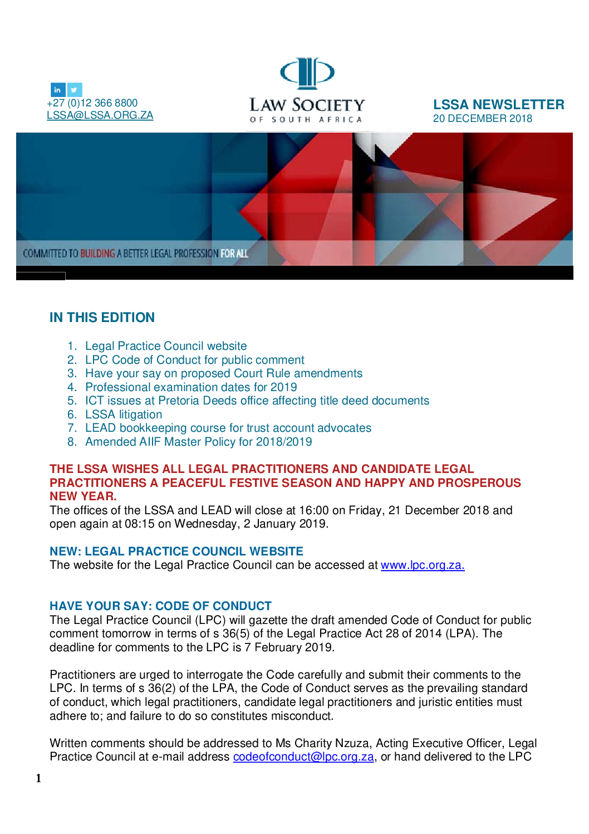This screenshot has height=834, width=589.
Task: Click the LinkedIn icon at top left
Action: [x=58, y=90]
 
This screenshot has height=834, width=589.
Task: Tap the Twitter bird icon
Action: [x=75, y=90]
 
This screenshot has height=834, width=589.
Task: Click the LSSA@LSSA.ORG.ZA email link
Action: [x=100, y=115]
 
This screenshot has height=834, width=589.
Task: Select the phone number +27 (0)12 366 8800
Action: [x=92, y=103]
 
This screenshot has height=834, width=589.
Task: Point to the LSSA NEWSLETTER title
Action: [x=498, y=105]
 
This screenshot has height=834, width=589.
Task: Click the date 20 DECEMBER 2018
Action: [x=482, y=119]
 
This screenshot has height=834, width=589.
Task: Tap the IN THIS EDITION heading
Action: [x=102, y=318]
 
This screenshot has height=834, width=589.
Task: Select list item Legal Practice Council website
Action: [x=166, y=346]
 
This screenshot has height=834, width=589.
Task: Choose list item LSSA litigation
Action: [x=124, y=414]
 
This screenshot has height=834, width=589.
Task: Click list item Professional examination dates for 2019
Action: [x=191, y=387]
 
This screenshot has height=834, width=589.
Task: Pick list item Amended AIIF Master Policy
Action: [x=198, y=442]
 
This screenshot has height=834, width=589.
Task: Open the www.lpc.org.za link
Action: [x=422, y=565]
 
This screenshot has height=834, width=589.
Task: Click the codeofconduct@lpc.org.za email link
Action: [x=303, y=757]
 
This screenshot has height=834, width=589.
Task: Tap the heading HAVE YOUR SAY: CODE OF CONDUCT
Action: [x=160, y=606]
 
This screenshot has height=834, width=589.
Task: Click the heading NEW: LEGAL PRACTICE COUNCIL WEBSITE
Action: [x=176, y=552]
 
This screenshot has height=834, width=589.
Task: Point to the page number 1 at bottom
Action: [x=38, y=778]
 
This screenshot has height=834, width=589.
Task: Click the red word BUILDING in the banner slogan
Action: [x=97, y=254]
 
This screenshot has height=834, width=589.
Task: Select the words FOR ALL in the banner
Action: [x=234, y=254]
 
